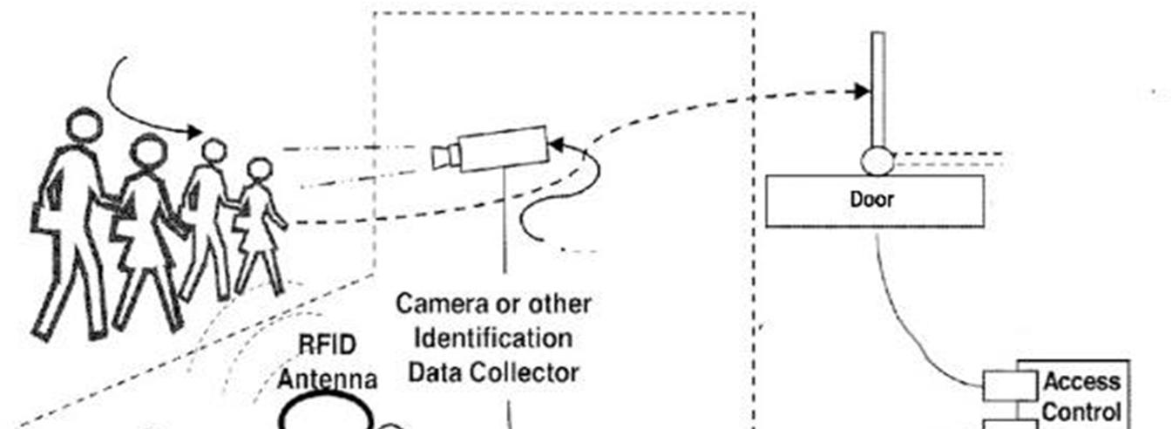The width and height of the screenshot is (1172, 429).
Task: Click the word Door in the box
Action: pyautogui.click(x=872, y=200)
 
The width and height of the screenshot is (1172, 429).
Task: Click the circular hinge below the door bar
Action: pyautogui.click(x=877, y=160)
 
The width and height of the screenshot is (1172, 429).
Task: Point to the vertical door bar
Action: pyautogui.click(x=878, y=87)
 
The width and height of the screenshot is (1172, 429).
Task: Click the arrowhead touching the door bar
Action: pyautogui.click(x=863, y=91)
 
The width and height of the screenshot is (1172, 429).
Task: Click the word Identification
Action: pyautogui.click(x=493, y=338)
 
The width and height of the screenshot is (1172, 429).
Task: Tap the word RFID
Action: pyautogui.click(x=327, y=345)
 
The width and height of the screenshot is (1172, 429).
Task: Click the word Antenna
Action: pyautogui.click(x=327, y=379)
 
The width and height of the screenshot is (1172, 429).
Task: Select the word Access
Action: pyautogui.click(x=1081, y=382)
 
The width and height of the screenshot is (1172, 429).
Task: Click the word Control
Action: pyautogui.click(x=1081, y=412)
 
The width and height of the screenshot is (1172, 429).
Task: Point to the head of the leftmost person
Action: pyautogui.click(x=85, y=125)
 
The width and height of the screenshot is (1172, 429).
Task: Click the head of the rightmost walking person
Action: pyautogui.click(x=259, y=169)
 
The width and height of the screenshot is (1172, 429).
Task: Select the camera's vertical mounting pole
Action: pyautogui.click(x=505, y=218)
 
